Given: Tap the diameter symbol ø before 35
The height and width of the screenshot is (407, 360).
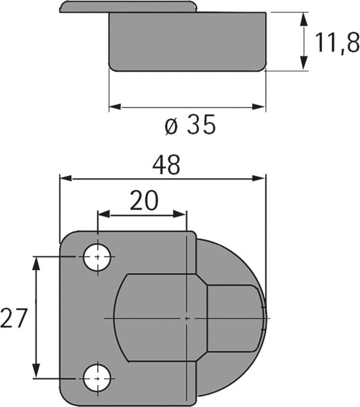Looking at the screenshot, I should (171, 126).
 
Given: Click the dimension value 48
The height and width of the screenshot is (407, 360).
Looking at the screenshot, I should (166, 166).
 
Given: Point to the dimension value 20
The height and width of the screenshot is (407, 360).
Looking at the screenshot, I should (144, 200).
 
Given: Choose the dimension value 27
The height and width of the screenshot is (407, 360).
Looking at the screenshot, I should (14, 319).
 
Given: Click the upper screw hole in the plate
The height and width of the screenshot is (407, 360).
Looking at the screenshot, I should (97, 257).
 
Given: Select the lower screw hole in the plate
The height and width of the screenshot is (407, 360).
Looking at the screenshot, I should (97, 378).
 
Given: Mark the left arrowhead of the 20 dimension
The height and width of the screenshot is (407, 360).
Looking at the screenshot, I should (103, 214).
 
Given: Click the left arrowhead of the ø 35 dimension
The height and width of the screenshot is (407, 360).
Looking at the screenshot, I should (115, 106).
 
